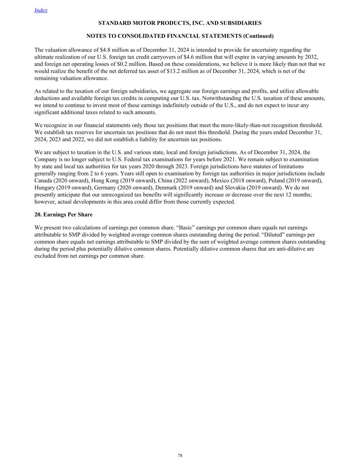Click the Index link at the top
[x=41, y=10]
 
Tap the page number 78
[x=180, y=455]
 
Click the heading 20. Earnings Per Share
[x=63, y=215]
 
